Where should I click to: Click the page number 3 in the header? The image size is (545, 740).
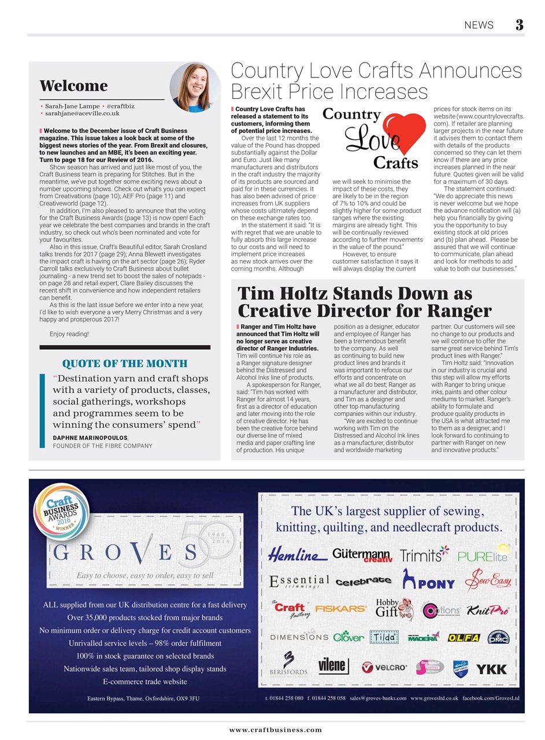pos(520,24)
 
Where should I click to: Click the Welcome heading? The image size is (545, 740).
pos(74,86)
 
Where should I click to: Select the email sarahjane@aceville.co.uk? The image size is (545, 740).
pos(82,114)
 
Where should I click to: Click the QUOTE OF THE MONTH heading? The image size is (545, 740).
pos(125,363)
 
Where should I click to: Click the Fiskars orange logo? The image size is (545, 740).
pos(340,609)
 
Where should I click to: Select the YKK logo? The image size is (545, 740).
pos(491,669)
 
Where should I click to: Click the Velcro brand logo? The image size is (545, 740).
pos(384,668)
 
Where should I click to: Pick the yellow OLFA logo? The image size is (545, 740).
pos(464,638)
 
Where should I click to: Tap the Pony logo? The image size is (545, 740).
pos(431,582)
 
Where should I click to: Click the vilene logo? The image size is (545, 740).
pos(333,667)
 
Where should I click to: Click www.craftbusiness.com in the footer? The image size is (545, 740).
pos(275,730)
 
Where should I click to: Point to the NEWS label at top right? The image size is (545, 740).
pos(479,25)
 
